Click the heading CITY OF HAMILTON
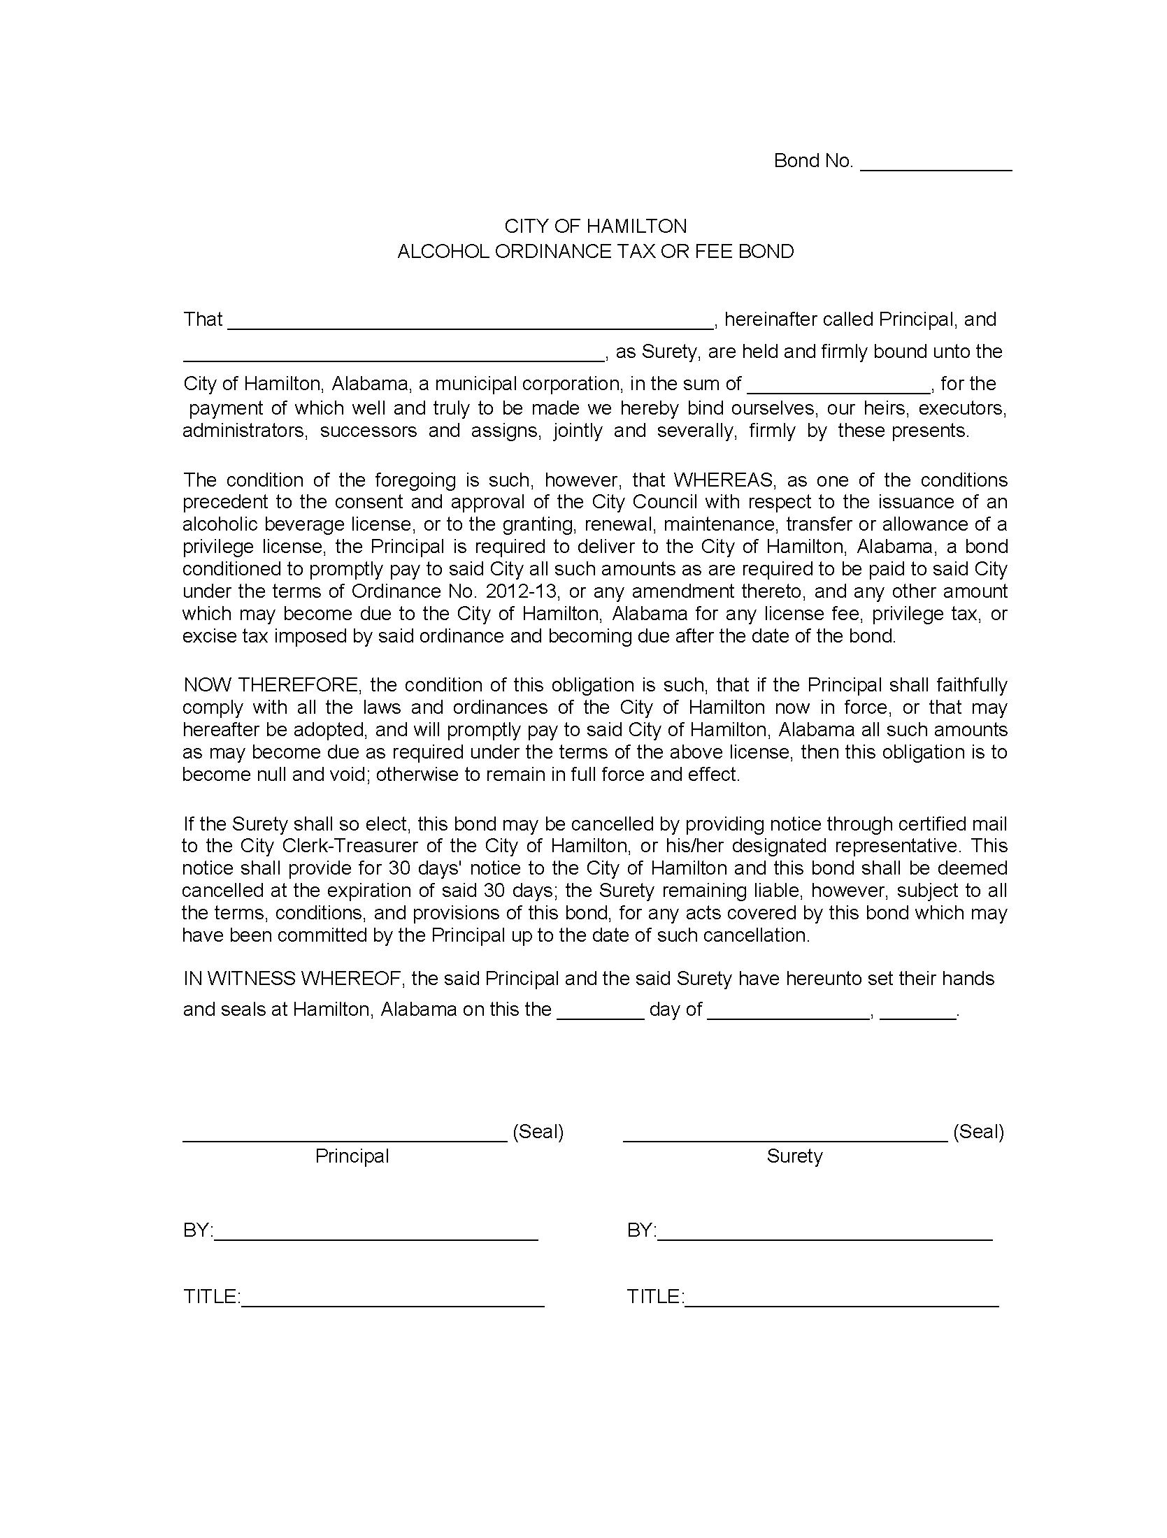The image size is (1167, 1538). click(596, 227)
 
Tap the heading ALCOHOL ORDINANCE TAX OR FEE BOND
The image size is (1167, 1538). click(596, 252)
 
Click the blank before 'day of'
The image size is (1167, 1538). click(600, 1012)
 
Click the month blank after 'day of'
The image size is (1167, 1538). click(788, 1012)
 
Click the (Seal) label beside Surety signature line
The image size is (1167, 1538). click(978, 1132)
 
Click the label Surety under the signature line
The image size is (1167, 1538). click(794, 1156)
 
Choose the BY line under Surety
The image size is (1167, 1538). click(824, 1233)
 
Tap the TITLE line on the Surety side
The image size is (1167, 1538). click(841, 1300)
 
